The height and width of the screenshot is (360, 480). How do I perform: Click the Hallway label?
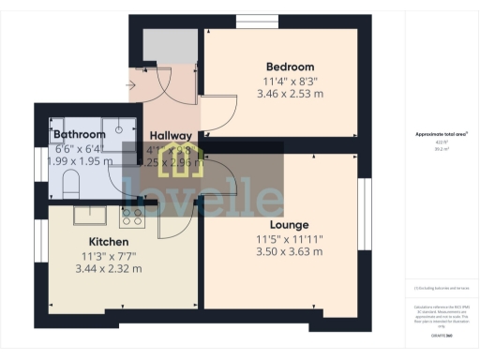171,136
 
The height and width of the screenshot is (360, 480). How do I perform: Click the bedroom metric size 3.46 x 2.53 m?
289,95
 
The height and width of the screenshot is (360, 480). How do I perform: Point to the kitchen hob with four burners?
131,217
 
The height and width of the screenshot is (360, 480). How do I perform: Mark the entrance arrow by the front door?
128,85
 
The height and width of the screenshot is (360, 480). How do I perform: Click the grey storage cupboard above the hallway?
170,47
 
